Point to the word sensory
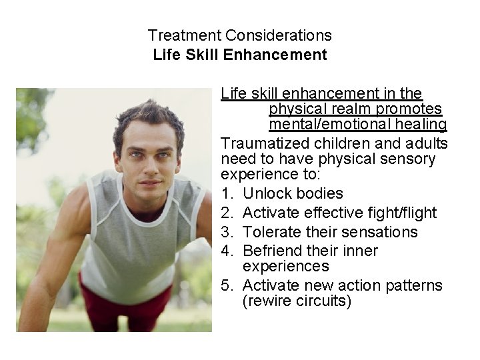tap(411, 159)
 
